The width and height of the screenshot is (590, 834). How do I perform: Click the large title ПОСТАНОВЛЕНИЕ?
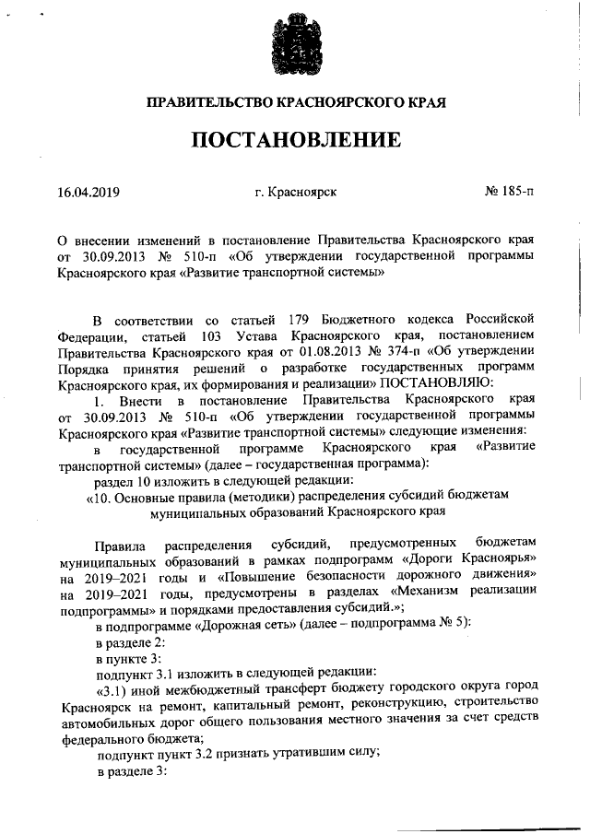[x=296, y=141]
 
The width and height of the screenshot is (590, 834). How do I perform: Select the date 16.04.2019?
[x=88, y=194]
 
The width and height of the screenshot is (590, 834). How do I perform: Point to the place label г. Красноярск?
[x=296, y=194]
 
